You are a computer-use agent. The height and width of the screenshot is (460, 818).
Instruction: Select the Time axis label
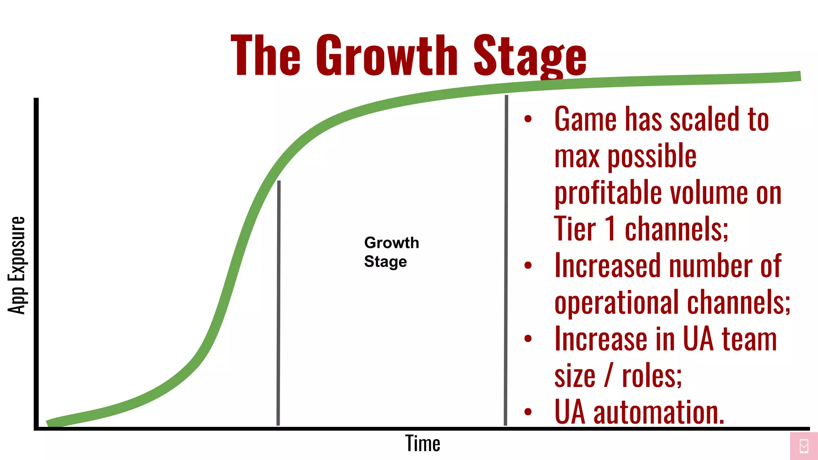(423, 443)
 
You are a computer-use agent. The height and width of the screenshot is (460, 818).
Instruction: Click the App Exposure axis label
(17, 265)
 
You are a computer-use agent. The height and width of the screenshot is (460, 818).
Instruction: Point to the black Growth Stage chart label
(391, 252)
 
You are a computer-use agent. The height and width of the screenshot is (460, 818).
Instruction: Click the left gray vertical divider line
(278, 303)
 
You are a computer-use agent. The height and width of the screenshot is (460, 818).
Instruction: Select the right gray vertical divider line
(506, 260)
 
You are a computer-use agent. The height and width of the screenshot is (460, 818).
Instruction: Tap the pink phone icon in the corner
(804, 446)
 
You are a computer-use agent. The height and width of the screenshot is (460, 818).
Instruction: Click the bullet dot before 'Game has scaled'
(528, 119)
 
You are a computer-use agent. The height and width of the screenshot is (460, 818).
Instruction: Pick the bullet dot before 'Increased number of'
(528, 265)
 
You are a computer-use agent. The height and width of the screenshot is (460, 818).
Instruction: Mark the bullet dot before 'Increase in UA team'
(528, 339)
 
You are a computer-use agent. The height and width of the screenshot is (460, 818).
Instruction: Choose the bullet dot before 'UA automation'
(528, 412)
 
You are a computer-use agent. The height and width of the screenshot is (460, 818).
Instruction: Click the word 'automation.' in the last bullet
(659, 412)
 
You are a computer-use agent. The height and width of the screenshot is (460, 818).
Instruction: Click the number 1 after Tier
(610, 229)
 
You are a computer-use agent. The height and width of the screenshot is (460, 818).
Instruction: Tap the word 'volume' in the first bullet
(709, 193)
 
